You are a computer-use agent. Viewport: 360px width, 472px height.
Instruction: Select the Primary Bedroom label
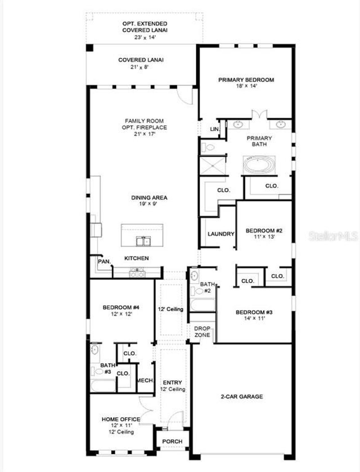tap(246, 80)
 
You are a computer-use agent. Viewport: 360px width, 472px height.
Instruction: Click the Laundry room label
tap(221, 234)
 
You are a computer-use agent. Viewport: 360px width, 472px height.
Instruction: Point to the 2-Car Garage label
tap(242, 397)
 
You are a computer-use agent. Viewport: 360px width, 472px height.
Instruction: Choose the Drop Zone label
tap(202, 332)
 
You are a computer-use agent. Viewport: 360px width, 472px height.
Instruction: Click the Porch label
tap(172, 441)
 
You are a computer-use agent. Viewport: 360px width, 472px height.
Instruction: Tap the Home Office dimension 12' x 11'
tap(121, 426)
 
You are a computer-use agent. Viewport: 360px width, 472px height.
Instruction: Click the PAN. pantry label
tap(104, 261)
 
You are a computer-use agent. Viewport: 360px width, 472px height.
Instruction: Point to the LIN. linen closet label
tap(215, 129)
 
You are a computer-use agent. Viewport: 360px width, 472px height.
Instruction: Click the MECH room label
tap(145, 380)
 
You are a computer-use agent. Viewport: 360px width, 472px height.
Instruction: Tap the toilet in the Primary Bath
tap(208, 147)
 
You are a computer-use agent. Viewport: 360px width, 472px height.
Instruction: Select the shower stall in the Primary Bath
tap(212, 166)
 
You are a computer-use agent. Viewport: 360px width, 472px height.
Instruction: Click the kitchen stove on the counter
tap(137, 273)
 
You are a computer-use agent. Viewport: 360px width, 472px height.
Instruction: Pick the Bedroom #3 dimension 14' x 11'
tap(254, 318)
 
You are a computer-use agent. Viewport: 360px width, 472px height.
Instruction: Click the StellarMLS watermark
tap(333, 236)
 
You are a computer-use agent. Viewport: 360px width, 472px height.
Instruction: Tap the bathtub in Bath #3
tap(103, 385)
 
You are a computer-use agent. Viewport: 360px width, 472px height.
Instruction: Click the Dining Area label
tap(149, 198)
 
